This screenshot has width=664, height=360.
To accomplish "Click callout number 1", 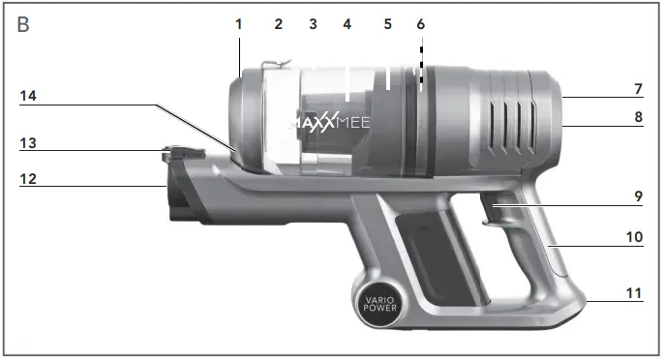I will tap(239, 23).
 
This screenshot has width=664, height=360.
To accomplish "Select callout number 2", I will tap(278, 23).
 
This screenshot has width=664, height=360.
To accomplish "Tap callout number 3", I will tap(313, 23).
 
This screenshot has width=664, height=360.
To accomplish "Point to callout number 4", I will tap(347, 23).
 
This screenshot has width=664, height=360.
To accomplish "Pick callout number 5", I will tap(387, 23).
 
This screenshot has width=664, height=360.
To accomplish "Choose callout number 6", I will tap(420, 23).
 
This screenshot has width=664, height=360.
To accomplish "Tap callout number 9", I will tap(638, 195).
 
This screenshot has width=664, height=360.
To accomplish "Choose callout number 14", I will tap(29, 96).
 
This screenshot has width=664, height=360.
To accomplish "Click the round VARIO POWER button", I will tap(375, 306).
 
